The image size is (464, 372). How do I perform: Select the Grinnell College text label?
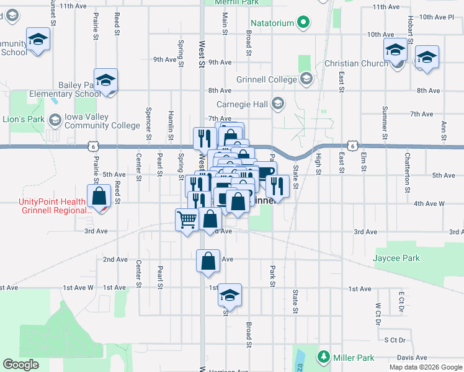pyautogui.click(x=267, y=79)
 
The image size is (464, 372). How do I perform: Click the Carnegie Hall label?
pyautogui.click(x=243, y=104)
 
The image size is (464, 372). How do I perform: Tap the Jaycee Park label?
pyautogui.click(x=396, y=258)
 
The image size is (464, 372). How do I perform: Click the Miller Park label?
pyautogui.click(x=352, y=358)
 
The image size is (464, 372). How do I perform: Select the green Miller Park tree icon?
pyautogui.click(x=323, y=357)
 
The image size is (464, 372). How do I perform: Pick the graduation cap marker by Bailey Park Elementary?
pyautogui.click(x=106, y=80)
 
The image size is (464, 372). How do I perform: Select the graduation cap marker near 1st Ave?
pyautogui.click(x=230, y=295)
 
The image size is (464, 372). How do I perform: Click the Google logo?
pyautogui.click(x=20, y=364)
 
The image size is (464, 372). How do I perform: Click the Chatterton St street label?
pyautogui.click(x=408, y=163)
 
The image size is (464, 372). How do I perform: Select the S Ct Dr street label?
pyautogui.click(x=394, y=340)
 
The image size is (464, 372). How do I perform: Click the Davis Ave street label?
pyautogui.click(x=413, y=358)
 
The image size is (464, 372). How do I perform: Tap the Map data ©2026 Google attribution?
pyautogui.click(x=425, y=367)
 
